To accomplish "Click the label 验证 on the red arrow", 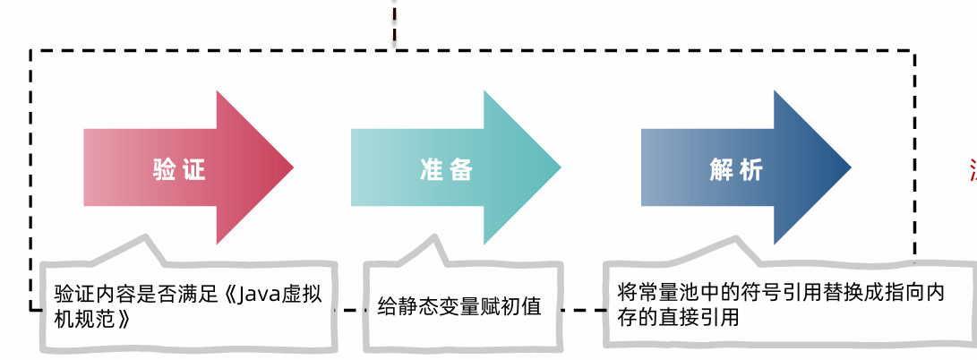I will click(179, 169).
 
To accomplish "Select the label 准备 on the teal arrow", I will click(445, 169).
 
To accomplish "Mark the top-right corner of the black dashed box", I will click(914, 52).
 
